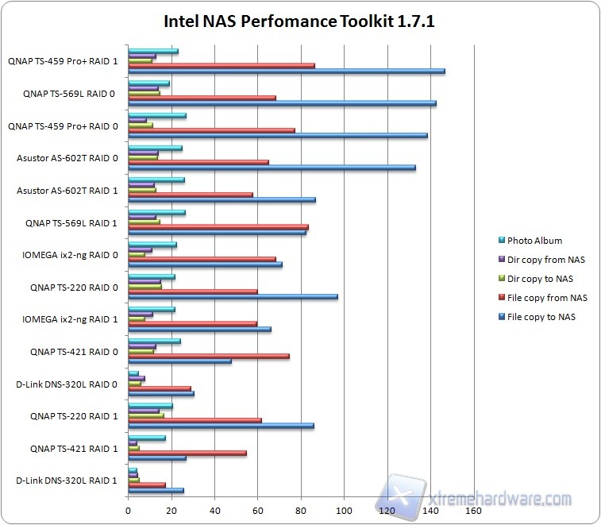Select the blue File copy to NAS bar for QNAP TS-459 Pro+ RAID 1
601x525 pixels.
pos(286,71)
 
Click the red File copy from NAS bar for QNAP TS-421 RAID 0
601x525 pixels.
pos(208,356)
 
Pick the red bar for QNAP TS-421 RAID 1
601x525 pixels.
pos(187,453)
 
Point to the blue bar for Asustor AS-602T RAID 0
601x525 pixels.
pos(272,168)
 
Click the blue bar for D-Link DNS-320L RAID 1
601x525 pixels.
pos(156,490)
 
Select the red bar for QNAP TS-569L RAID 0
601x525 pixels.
pos(202,98)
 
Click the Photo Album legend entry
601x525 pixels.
pos(534,241)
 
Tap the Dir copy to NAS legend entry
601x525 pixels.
pos(540,279)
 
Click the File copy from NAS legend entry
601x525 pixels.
pos(546,298)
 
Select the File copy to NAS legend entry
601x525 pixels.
pos(541,317)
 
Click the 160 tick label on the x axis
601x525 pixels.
pos(473,511)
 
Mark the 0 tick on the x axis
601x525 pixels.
pos(129,511)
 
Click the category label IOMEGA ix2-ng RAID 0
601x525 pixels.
pos(70,255)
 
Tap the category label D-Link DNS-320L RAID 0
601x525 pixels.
pos(67,384)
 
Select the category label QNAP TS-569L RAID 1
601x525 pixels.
pos(72,223)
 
